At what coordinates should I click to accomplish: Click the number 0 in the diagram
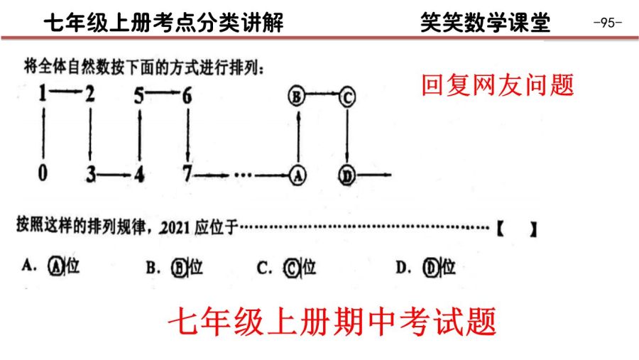pos(43,173)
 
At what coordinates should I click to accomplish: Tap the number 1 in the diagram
pos(43,93)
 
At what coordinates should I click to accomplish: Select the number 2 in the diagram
pos(89,94)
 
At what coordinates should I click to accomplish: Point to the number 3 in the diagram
pos(90,174)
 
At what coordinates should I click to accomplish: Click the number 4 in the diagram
pos(139,175)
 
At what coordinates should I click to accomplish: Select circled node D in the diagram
pos(346,175)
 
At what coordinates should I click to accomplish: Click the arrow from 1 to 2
pos(66,92)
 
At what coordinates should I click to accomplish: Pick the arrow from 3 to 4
pos(115,175)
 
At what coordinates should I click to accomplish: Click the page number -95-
pos(608,22)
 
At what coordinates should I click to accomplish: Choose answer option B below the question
pos(175,268)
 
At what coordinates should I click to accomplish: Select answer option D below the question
pos(425,268)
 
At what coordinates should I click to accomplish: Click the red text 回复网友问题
pos(498,84)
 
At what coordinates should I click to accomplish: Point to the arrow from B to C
pos(322,94)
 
